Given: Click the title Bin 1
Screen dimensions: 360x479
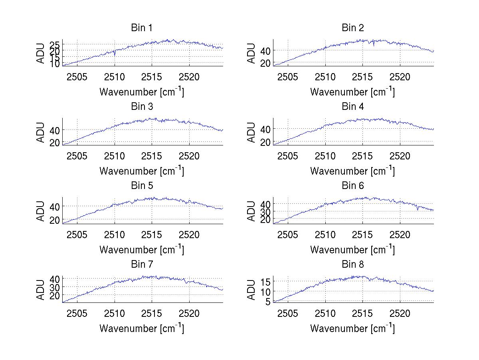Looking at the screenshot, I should point(142,28).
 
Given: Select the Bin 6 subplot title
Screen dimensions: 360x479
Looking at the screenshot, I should point(353,186).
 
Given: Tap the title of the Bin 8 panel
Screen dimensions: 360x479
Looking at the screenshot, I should point(353,265).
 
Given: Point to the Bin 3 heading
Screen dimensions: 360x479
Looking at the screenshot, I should point(142,107).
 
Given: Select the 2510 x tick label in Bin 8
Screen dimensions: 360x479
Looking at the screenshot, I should point(325,313).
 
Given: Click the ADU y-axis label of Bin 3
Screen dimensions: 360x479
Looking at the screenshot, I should point(41,132).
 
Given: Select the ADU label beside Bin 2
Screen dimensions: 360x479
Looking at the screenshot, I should point(252,53).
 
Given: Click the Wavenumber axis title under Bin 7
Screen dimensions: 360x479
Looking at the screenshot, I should point(142,328).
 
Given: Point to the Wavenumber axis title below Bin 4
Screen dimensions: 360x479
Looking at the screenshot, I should point(353,171).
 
